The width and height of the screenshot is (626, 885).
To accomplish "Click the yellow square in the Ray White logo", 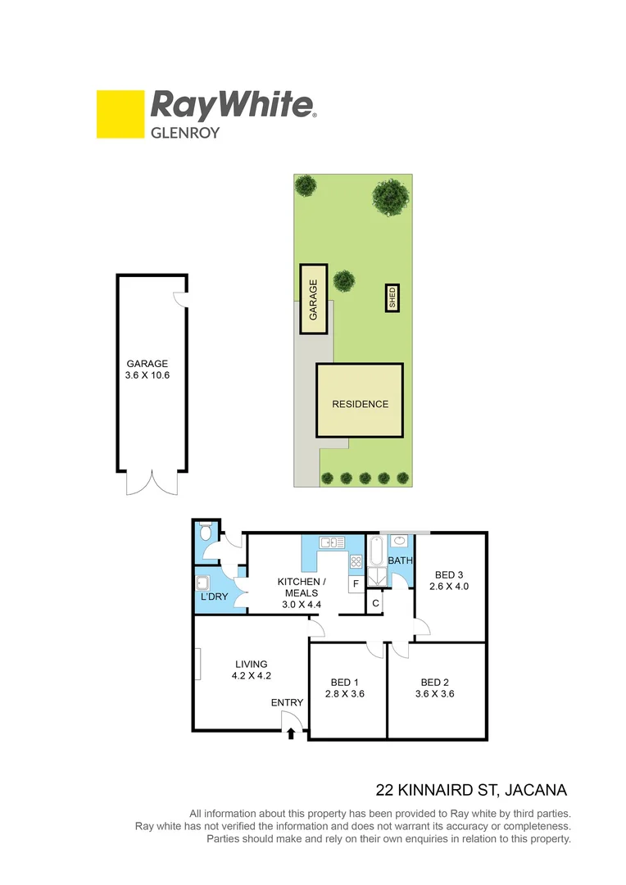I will pos(120,114).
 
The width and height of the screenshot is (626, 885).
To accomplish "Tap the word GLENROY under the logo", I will pos(184,131).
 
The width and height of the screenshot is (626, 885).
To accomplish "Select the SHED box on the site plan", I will pos(392,297).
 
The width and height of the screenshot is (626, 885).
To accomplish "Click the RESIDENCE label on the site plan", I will pos(360,404).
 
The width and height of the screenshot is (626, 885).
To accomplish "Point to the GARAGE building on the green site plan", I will pos(313,299).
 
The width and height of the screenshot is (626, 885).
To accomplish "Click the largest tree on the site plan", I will pos(391,197).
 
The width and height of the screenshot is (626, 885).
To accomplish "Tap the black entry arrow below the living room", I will pos(291,733).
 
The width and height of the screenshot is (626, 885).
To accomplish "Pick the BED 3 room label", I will pos(449,574).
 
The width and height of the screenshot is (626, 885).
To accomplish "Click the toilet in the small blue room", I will pos(206,533).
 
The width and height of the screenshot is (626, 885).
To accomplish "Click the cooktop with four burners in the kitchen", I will pos(356,562).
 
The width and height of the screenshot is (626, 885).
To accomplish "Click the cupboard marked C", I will pos(375,604).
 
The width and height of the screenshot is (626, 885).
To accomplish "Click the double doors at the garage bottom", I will pos(152,483).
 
